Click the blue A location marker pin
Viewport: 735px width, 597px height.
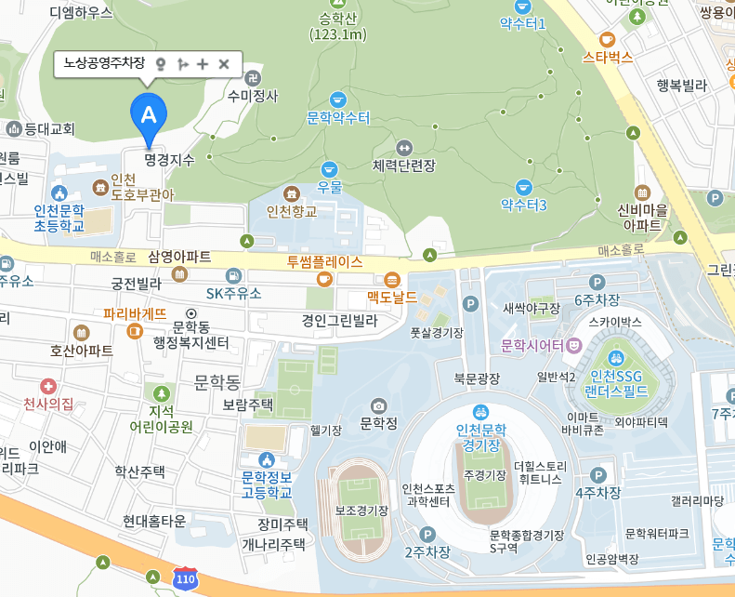[x=148, y=115]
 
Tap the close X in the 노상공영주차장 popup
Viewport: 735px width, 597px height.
[x=223, y=63]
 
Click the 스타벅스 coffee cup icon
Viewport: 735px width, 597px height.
[x=607, y=39]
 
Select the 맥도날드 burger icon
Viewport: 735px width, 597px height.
[x=391, y=280]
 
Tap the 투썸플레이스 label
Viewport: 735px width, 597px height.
[x=324, y=261]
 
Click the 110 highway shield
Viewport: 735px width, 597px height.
[x=186, y=578]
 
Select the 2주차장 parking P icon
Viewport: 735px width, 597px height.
[x=427, y=534]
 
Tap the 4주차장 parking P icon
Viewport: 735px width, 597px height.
[x=598, y=474]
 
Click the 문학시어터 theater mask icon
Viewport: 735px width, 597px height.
[x=574, y=345]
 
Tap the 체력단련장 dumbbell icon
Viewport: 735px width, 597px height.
[x=403, y=147]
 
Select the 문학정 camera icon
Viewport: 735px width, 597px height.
[x=378, y=405]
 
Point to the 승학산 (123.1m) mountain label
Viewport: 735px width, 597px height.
[x=338, y=26]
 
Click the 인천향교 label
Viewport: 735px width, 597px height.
[x=292, y=211]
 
